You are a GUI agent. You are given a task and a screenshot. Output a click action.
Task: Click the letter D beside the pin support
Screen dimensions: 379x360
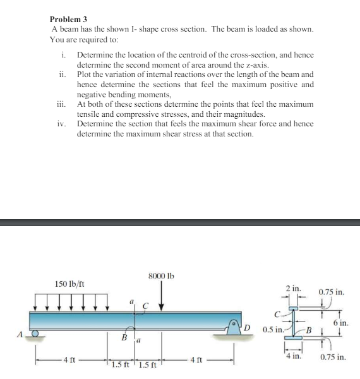pos(248,326)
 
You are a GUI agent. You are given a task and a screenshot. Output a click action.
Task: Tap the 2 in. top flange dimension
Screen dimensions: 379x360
pos(292,288)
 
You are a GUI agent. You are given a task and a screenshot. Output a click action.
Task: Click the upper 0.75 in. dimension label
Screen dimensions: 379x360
pos(332,292)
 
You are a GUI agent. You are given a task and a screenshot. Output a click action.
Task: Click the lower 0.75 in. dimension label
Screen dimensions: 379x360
pos(332,357)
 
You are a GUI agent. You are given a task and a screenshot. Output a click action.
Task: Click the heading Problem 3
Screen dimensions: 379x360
pos(66,20)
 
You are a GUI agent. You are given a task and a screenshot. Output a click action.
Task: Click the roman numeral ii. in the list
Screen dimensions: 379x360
pos(61,75)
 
